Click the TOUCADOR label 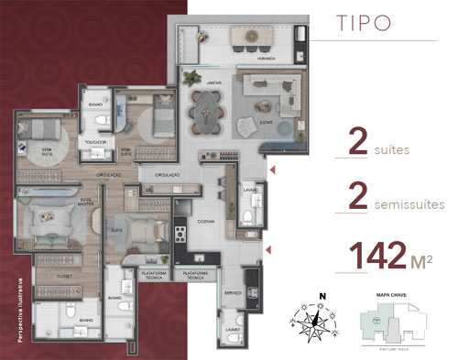pos(95,143)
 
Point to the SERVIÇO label pos(233,294)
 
